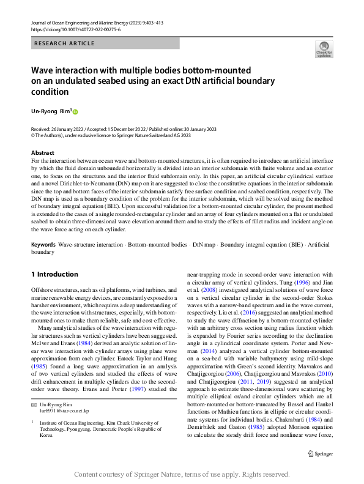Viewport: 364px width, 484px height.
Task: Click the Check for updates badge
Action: tap(324, 49)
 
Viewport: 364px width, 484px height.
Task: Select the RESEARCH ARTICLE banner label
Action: tap(64, 43)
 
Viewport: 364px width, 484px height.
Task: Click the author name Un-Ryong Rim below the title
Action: tap(51, 112)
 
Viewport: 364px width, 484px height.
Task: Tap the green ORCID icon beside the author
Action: tap(76, 112)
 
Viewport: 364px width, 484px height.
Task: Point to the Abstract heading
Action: tap(43, 152)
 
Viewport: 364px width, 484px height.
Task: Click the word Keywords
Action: tap(43, 244)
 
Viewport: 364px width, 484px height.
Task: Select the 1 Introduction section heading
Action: tap(54, 274)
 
